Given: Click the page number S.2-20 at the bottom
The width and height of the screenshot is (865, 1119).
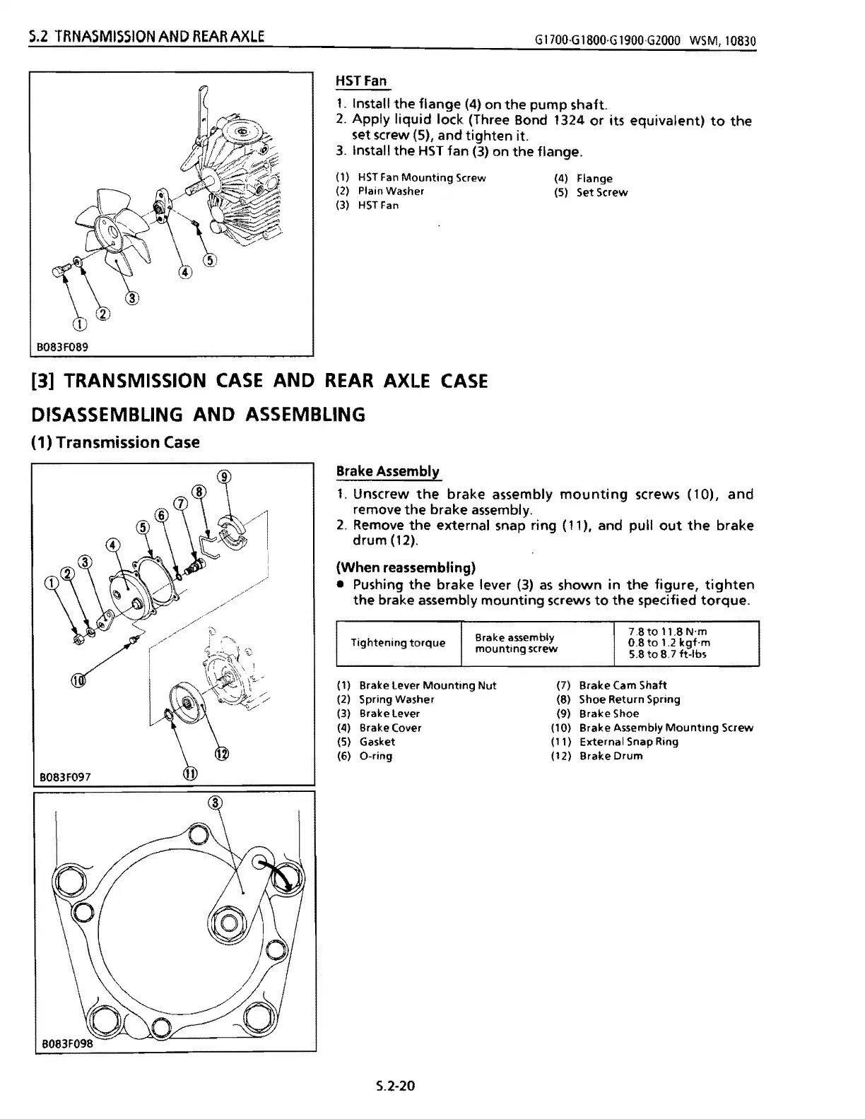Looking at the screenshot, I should [395, 1084].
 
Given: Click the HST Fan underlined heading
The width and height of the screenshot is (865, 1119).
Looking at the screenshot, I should [361, 81].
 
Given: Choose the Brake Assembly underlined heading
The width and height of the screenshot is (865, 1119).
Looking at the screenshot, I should [387, 471].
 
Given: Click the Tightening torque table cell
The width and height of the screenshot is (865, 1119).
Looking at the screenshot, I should [398, 642].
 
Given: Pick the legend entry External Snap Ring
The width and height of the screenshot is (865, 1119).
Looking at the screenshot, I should [628, 742].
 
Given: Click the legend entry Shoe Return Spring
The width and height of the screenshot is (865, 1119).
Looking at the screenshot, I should [629, 699].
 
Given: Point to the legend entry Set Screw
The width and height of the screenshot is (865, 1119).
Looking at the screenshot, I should [601, 192].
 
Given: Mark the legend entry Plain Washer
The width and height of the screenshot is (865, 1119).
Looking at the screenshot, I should [391, 191].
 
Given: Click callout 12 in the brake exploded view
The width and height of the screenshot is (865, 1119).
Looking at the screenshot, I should [222, 753].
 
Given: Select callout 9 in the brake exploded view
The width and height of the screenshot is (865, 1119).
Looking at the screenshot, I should [223, 476].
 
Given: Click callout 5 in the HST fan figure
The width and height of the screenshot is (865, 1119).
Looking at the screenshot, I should [210, 260].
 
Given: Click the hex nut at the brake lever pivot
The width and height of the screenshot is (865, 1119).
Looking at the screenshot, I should [229, 923].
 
